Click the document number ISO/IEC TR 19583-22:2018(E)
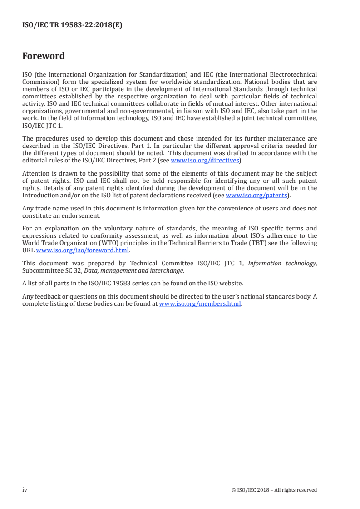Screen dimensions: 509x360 click(72, 26)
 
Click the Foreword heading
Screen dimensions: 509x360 click(44, 56)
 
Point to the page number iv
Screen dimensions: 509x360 click(25, 490)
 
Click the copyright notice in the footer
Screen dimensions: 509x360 click(274, 490)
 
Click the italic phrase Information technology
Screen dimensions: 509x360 click(290, 264)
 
